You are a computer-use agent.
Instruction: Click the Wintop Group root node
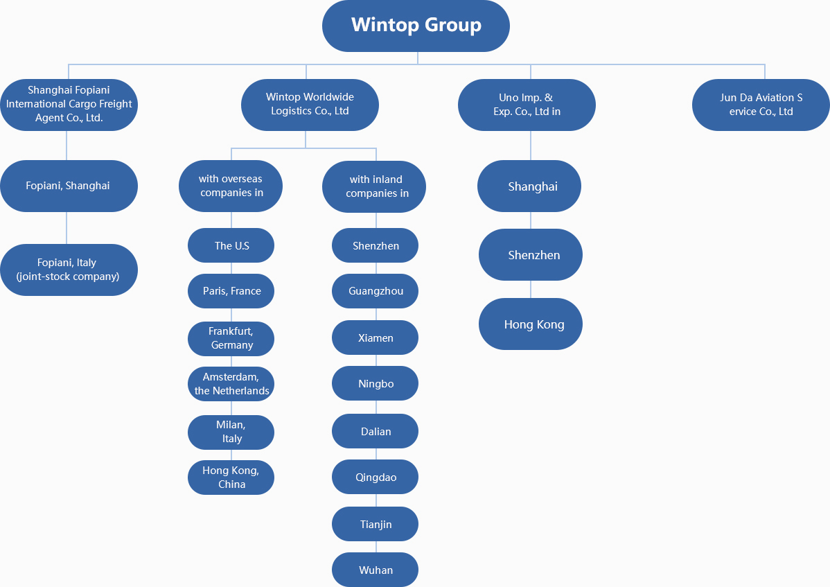click(x=416, y=26)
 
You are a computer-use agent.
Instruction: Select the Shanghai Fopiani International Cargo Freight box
click(x=69, y=105)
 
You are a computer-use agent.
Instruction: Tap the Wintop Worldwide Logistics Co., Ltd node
click(x=310, y=105)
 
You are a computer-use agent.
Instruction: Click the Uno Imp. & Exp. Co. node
click(x=527, y=105)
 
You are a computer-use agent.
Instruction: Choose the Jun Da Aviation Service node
click(x=761, y=105)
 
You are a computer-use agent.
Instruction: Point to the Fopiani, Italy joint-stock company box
click(x=69, y=270)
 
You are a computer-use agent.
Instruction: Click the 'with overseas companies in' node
click(x=231, y=186)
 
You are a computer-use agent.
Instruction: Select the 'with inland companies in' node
click(x=373, y=187)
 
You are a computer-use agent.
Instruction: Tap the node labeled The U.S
click(x=231, y=245)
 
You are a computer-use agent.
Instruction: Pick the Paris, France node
click(x=231, y=291)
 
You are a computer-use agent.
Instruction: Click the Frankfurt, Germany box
click(x=231, y=339)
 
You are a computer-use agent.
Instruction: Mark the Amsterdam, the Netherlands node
click(x=231, y=384)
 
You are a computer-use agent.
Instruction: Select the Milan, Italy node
click(x=231, y=432)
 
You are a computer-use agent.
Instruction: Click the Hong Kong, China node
click(x=231, y=478)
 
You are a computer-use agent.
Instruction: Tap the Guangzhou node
click(x=376, y=291)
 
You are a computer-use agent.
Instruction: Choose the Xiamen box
click(x=376, y=338)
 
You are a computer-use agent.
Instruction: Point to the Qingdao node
click(x=376, y=477)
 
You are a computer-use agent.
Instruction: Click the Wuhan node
click(x=376, y=570)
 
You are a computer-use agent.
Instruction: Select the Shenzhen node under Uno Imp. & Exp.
click(x=531, y=254)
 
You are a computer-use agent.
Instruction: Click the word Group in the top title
click(x=453, y=25)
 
